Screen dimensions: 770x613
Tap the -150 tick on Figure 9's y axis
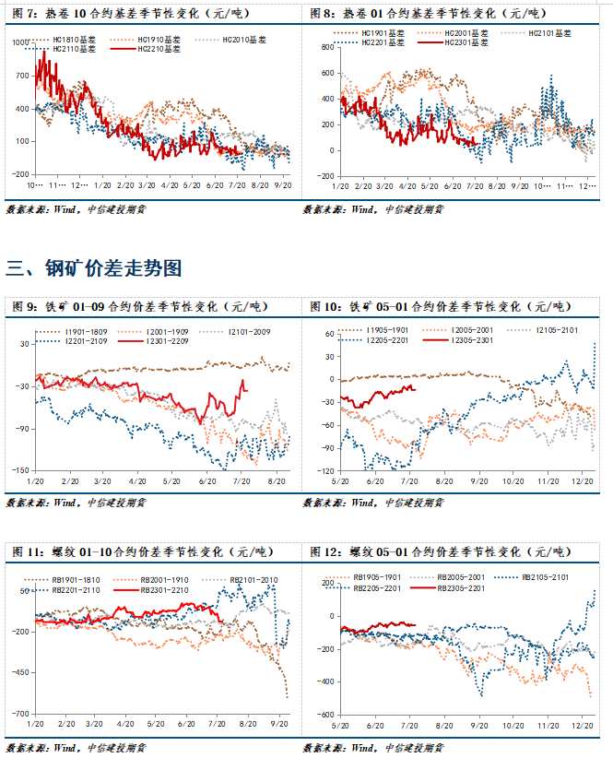[x=19, y=470]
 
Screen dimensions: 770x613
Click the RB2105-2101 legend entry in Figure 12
[x=548, y=577]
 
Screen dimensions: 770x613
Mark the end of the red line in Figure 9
[x=246, y=390]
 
